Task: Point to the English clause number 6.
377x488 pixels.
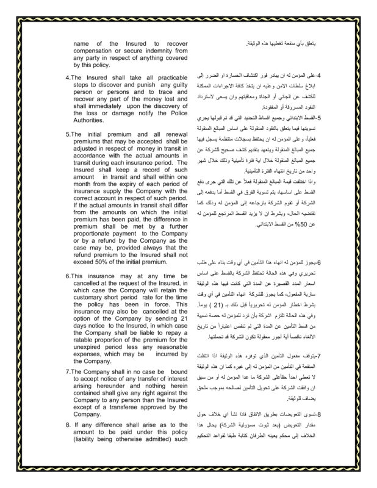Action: [x=67, y=276]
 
